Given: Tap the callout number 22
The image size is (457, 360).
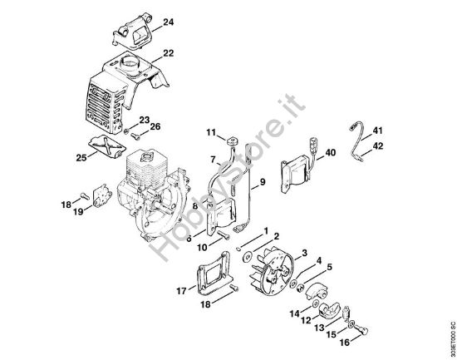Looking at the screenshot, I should click(x=169, y=53).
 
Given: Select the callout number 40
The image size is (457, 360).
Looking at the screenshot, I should click(x=330, y=152).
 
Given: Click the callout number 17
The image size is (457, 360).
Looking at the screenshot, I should click(x=181, y=290).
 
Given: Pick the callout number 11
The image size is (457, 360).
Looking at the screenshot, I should click(x=211, y=132).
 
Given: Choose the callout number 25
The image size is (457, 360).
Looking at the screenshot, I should click(x=81, y=156).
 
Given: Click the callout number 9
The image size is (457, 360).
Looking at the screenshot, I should click(x=263, y=181).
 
